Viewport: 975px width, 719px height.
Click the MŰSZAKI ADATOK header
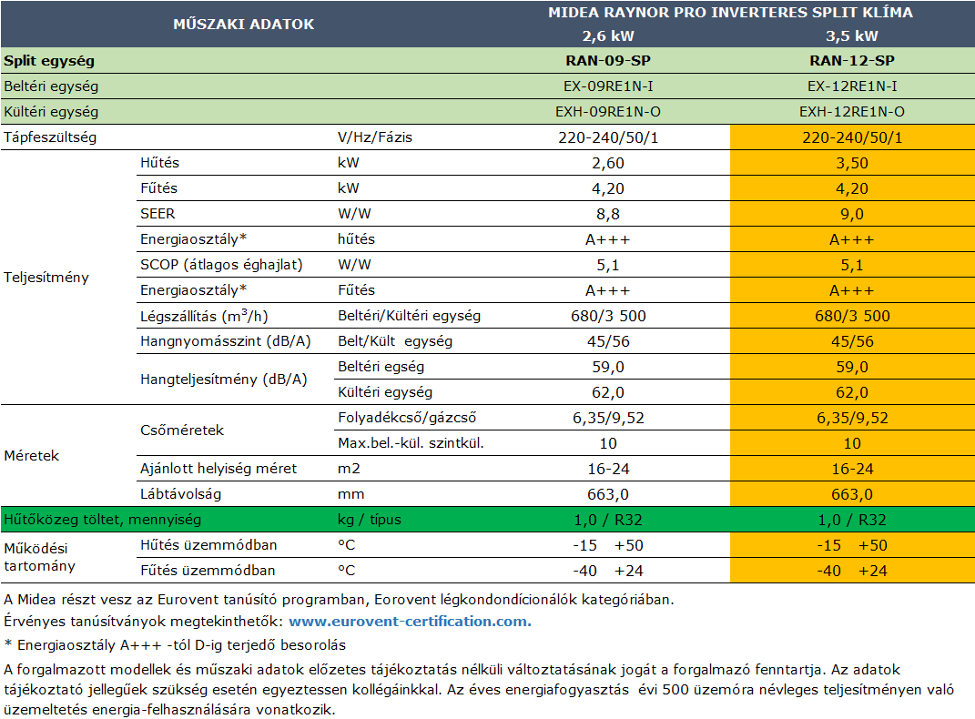[244, 25]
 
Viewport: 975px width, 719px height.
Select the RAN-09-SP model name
[608, 61]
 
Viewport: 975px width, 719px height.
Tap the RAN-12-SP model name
[852, 61]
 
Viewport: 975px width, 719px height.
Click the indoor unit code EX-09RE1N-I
[608, 86]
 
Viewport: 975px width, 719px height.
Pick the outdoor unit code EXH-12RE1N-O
[852, 112]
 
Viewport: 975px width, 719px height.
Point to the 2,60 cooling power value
[608, 164]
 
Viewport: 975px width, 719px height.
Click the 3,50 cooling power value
[852, 164]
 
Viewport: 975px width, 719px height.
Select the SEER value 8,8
[608, 215]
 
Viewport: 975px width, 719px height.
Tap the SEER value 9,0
[852, 215]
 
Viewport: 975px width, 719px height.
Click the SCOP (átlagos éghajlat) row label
[221, 265]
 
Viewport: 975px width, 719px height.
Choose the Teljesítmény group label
[46, 278]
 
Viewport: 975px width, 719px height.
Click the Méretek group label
[31, 455]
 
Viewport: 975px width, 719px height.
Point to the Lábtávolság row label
[180, 494]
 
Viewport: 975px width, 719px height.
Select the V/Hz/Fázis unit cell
[375, 137]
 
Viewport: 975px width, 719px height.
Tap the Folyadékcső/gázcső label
[407, 418]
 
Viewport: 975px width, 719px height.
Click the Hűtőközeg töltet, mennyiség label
[103, 520]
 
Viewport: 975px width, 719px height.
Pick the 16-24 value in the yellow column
[852, 470]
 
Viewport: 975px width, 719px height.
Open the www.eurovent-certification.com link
[410, 622]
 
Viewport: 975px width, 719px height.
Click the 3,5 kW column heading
[852, 36]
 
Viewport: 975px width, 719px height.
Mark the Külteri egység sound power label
[385, 392]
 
